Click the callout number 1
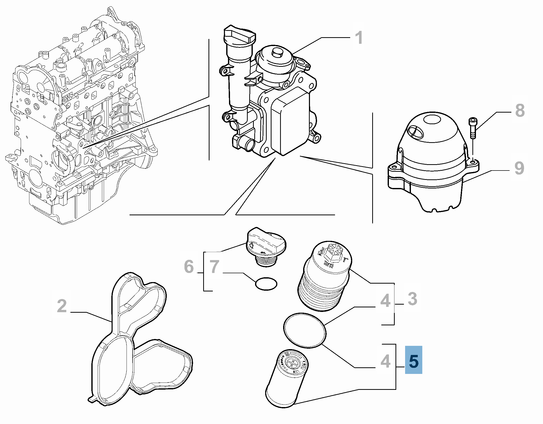[359, 38]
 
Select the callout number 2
[62, 306]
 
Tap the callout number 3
[412, 299]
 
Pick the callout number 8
[520, 111]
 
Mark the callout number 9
[519, 168]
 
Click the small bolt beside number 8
[473, 128]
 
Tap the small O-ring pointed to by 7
[266, 284]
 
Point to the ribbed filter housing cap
[324, 276]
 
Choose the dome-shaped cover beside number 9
[433, 162]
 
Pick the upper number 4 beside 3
[385, 301]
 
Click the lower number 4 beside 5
[385, 361]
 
